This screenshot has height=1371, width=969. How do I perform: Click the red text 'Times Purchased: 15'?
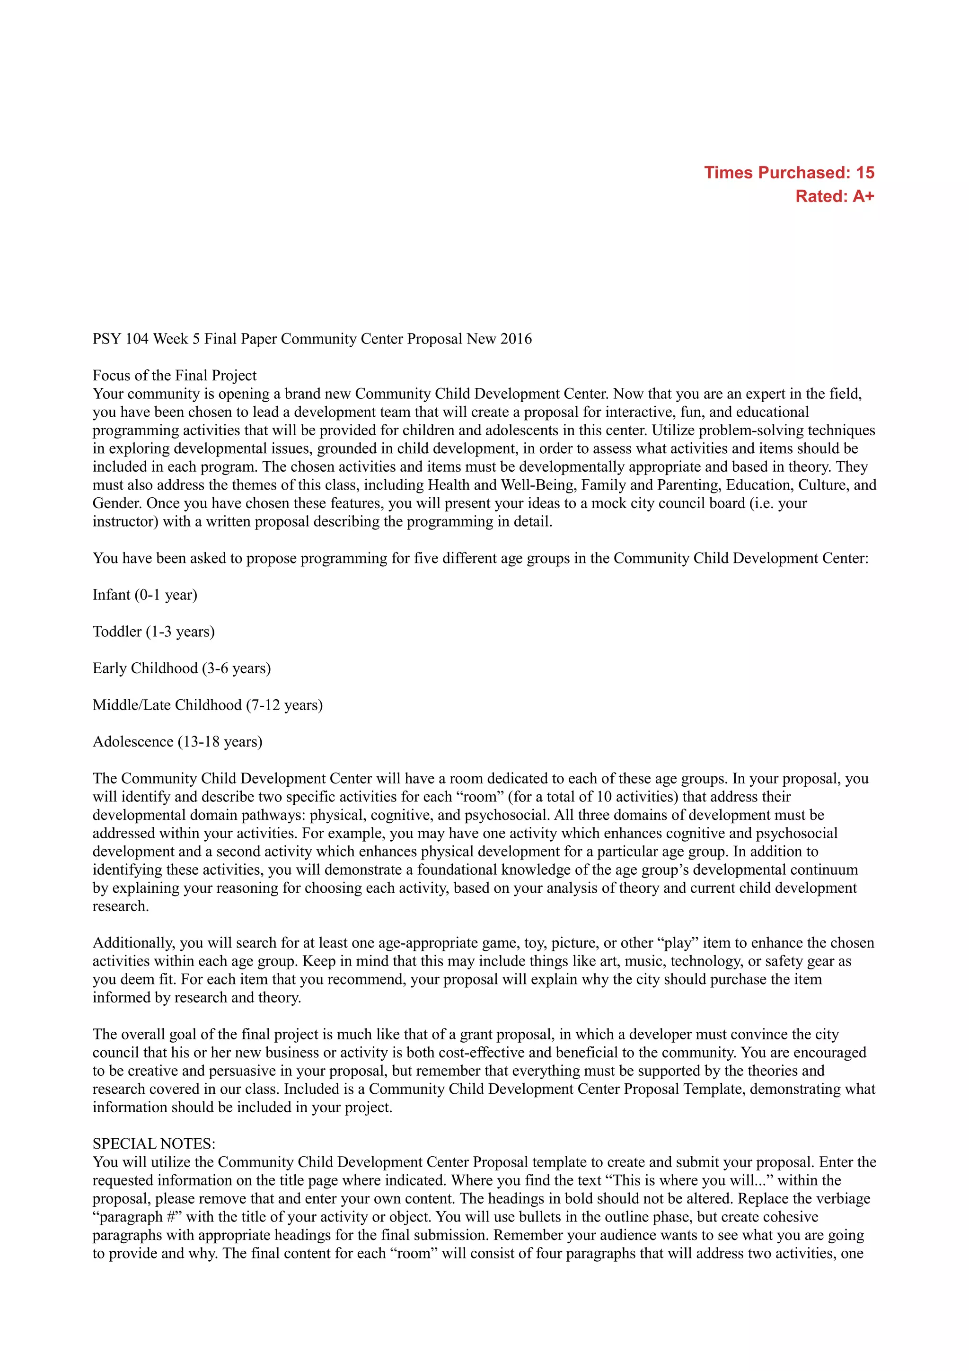coord(789,173)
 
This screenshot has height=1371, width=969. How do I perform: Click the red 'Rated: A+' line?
coord(834,196)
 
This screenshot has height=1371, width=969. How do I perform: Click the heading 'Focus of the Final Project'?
coord(174,376)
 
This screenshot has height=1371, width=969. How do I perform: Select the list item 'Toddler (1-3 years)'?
coord(153,632)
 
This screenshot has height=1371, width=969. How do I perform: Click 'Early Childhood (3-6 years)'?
coord(182,668)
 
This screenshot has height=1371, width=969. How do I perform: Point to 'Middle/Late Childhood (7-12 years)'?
coord(207,705)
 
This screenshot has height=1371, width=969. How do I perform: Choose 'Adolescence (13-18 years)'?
coord(177,742)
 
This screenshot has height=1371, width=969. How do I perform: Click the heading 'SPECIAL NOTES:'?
coord(154,1143)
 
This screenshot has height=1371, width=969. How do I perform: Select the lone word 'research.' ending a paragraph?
coord(121,906)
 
